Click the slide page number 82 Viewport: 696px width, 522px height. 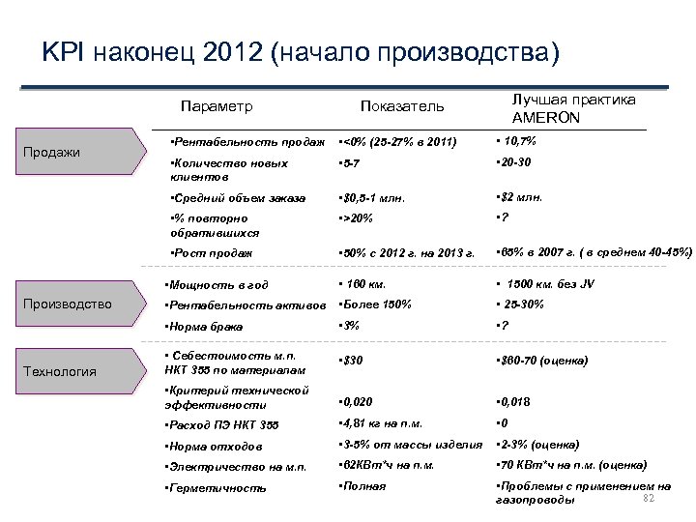[x=649, y=497]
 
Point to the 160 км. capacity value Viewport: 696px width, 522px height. [x=363, y=284]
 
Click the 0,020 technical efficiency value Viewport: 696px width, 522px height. [x=359, y=401]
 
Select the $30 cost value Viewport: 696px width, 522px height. [x=354, y=361]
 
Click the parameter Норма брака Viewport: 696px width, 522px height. [x=205, y=327]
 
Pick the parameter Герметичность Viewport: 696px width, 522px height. [x=217, y=488]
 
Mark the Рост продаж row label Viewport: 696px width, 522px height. [x=211, y=253]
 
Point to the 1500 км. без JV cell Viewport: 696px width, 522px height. [x=552, y=284]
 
